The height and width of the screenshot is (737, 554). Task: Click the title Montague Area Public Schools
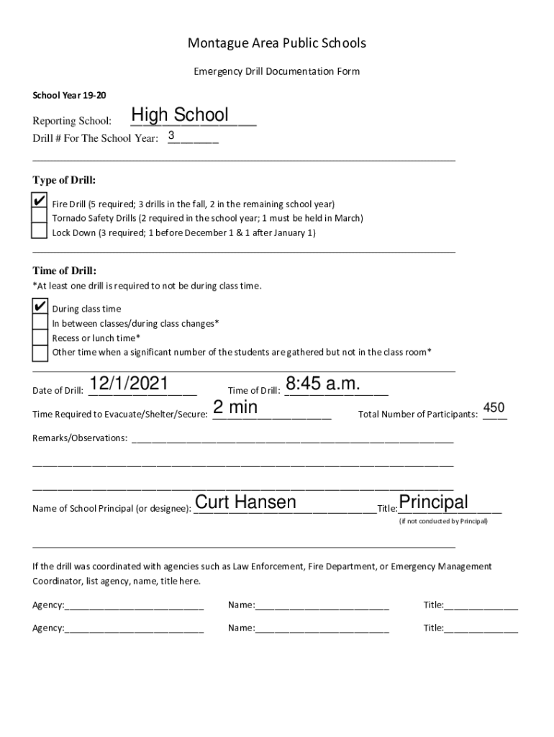(277, 43)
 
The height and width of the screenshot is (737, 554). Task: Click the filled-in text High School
(180, 115)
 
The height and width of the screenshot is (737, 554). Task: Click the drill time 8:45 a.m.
(322, 384)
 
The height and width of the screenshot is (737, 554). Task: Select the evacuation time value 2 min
(235, 407)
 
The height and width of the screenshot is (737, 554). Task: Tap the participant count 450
(494, 408)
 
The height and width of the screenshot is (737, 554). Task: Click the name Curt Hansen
(245, 502)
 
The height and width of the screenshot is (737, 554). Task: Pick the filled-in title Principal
(433, 502)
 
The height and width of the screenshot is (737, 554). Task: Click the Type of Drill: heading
(64, 180)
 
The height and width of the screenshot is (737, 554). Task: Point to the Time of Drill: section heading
(64, 271)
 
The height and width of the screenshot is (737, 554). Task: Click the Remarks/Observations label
(80, 438)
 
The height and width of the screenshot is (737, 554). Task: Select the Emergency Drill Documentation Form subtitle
(277, 72)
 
